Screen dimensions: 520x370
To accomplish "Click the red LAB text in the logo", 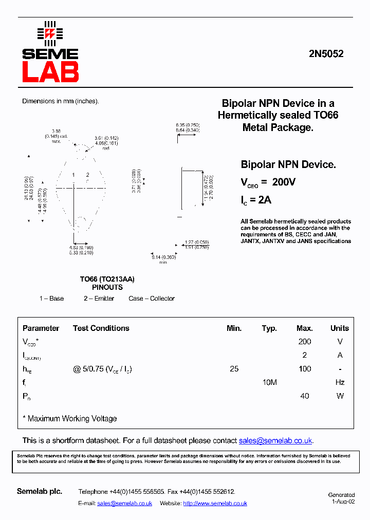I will pos(50,72).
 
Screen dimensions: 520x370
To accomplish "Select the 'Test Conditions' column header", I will pos(101,328).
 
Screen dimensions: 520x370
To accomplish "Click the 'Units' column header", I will pos(339,328).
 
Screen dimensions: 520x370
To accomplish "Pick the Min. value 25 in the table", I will pos(234,369).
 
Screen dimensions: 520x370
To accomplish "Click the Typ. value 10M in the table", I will pos(269,382).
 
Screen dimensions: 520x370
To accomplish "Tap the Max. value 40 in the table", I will pos(304,396).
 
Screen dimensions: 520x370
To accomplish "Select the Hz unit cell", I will pos(339,382).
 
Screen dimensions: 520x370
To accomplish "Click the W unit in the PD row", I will pos(339,396).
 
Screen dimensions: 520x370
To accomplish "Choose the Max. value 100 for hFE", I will pos(304,369).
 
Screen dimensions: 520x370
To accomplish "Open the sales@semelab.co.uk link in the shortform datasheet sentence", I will pos(275,441).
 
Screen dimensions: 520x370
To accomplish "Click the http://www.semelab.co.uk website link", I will pos(215,504).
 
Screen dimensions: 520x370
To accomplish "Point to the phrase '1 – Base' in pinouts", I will pos(51,299).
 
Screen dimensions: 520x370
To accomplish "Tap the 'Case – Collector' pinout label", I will pos(152,299).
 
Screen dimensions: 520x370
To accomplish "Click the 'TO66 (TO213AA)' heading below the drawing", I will pos(107,280).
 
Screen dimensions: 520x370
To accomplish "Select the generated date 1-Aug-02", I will pos(343,502).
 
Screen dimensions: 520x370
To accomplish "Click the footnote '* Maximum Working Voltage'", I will pos(70,419).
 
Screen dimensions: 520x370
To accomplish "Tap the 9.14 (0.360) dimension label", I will pos(163,256).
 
